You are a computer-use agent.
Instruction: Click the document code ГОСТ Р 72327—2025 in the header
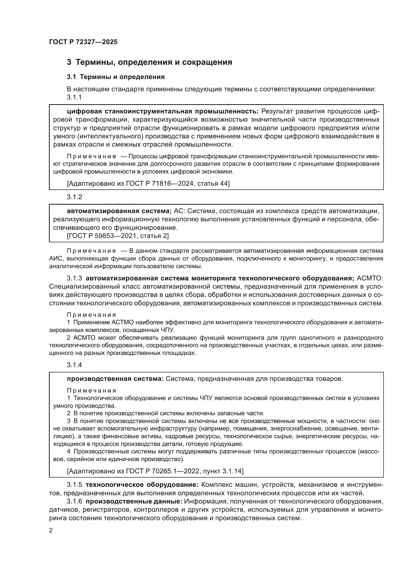(83, 42)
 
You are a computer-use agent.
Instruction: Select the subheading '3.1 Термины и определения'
(116, 77)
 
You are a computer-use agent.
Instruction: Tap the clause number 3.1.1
(74, 97)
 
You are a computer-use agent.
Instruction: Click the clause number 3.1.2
(74, 197)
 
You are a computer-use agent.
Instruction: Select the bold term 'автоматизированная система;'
(119, 211)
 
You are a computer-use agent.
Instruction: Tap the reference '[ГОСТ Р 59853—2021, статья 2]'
(118, 236)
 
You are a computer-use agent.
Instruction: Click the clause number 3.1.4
(74, 365)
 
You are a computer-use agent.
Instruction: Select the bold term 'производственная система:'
(115, 379)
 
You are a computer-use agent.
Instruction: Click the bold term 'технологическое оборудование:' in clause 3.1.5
(142, 485)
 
